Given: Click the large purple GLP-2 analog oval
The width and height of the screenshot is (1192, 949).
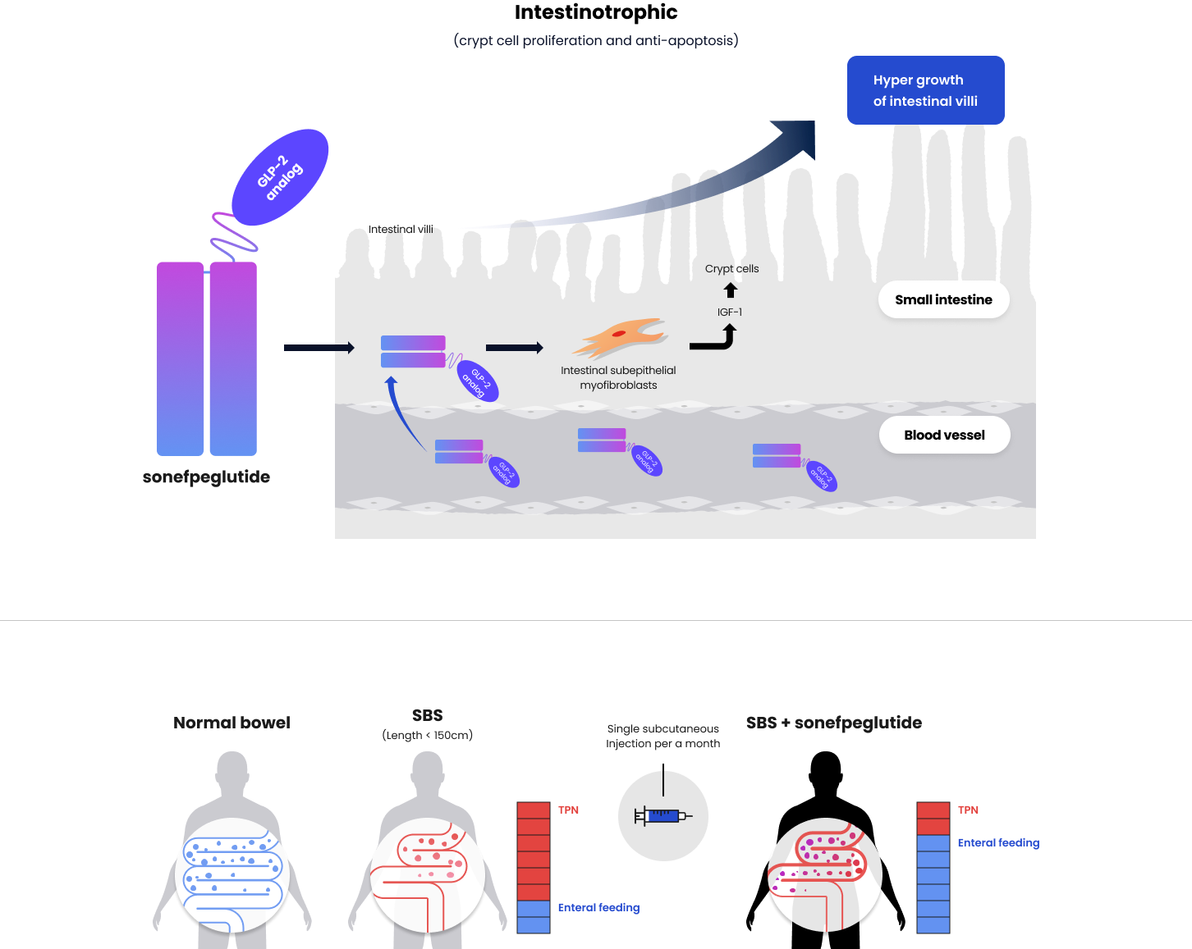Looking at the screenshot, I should [x=280, y=177].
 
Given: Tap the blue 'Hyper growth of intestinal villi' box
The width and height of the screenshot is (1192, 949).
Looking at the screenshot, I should [x=925, y=90].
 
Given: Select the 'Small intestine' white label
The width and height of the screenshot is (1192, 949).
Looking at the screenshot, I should [x=943, y=300].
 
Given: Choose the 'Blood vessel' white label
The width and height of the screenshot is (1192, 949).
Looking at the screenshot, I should [x=944, y=436].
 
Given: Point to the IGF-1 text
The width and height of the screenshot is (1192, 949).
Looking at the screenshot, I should [x=730, y=313].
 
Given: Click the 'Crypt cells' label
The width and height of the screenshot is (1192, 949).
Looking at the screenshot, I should [x=731, y=269].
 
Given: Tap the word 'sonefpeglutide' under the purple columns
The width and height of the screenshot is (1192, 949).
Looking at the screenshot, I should [x=206, y=477].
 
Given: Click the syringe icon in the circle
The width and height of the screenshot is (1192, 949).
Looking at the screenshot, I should [x=662, y=816].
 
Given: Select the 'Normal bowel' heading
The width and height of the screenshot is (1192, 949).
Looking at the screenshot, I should [x=232, y=723].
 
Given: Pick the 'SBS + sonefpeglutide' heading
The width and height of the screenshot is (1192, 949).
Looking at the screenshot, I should [x=833, y=723].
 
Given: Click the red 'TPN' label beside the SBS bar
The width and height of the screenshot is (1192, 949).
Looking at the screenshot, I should [x=568, y=810].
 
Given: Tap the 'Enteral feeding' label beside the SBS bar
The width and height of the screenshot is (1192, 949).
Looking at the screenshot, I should [x=598, y=908].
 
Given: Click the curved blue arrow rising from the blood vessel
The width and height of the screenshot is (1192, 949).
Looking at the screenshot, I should [x=401, y=414].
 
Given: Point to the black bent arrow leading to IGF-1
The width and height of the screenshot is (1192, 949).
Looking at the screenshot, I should [x=714, y=340].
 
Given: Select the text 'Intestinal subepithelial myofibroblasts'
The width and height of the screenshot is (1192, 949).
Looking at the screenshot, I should [x=618, y=378].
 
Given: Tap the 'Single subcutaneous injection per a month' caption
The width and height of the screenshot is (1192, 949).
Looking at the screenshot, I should [x=662, y=737].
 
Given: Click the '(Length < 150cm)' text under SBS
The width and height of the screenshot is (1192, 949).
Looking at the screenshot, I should [x=427, y=736].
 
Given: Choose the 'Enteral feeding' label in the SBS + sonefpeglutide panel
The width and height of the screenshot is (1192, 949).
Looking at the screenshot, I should [x=998, y=843].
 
